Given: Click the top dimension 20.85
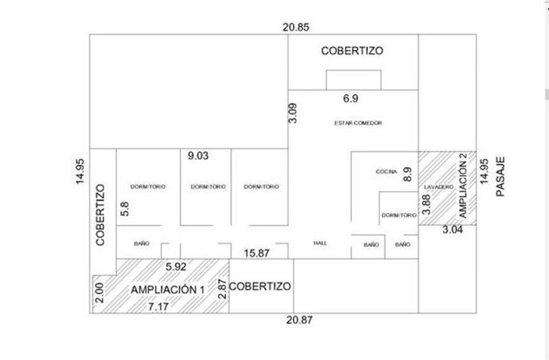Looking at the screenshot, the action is pos(295,27).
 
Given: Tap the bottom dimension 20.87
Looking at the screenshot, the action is pos(300,320).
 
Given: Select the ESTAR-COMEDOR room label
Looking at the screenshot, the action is pos(358,123).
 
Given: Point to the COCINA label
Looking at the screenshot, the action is pos(386,172).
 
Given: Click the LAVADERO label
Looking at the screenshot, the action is pos(438,187).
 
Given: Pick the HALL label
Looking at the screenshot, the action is pos(320,243).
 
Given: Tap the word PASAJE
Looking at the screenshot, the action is pos(501,177).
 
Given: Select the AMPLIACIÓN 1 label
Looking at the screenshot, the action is pos(167,290).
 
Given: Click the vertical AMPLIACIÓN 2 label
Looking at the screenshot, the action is pos(463,186).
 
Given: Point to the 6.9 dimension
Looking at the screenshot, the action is pos(350,98).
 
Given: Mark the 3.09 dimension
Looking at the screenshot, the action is pos(293,113).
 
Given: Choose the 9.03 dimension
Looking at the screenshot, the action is pos(198,156).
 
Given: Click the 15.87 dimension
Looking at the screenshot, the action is pos(257,253).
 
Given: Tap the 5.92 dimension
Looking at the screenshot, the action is pos(176,267).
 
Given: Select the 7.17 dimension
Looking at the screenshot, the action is pos(158,307).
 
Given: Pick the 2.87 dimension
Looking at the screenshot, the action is pos(222,289).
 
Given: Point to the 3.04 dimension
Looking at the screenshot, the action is pos(453,230).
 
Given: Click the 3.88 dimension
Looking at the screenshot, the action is pos(426,204).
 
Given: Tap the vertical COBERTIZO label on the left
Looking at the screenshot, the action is pos(100,215).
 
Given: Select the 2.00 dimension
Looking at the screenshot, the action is pos(99,293).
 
